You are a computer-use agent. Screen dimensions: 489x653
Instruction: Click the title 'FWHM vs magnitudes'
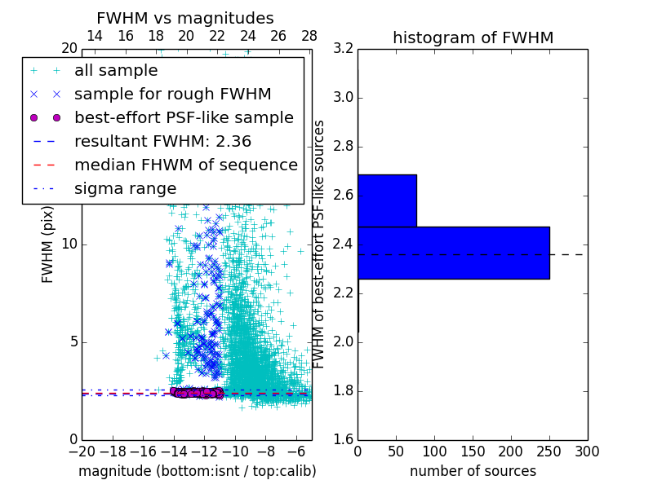click(185, 19)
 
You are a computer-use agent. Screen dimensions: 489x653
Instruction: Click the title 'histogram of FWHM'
click(473, 38)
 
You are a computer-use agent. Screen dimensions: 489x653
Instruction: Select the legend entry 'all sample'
click(116, 71)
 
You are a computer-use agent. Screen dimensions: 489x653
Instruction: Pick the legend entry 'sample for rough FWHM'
click(172, 94)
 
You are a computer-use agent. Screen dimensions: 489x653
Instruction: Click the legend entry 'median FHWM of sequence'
click(185, 165)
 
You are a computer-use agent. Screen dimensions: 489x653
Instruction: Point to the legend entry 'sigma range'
click(125, 188)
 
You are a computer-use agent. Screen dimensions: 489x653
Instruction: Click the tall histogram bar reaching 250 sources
click(453, 253)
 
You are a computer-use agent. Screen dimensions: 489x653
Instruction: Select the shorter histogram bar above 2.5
click(387, 200)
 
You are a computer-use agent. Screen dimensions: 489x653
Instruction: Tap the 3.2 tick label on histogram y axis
click(343, 49)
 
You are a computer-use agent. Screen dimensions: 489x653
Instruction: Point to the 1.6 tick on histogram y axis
click(343, 440)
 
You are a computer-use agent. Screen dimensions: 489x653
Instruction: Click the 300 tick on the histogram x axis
click(587, 452)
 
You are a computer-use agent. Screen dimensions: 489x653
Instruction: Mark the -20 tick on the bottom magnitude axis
click(82, 452)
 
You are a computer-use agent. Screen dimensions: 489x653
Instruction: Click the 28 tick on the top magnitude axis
click(309, 36)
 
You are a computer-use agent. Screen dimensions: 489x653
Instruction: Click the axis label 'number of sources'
click(473, 471)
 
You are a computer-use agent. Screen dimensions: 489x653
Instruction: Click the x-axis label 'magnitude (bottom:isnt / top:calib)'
click(197, 471)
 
